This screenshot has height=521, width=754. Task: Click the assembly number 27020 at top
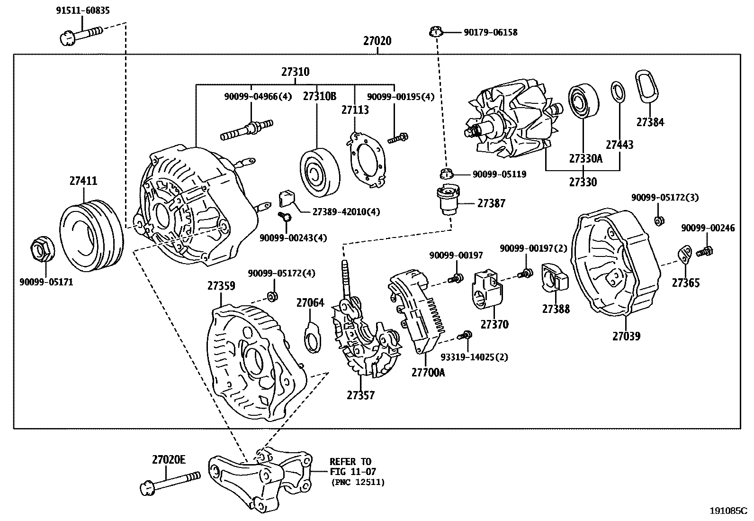[x=377, y=41]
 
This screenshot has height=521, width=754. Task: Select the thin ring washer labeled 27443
[x=617, y=91]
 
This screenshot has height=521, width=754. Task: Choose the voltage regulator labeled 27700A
[x=419, y=311]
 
